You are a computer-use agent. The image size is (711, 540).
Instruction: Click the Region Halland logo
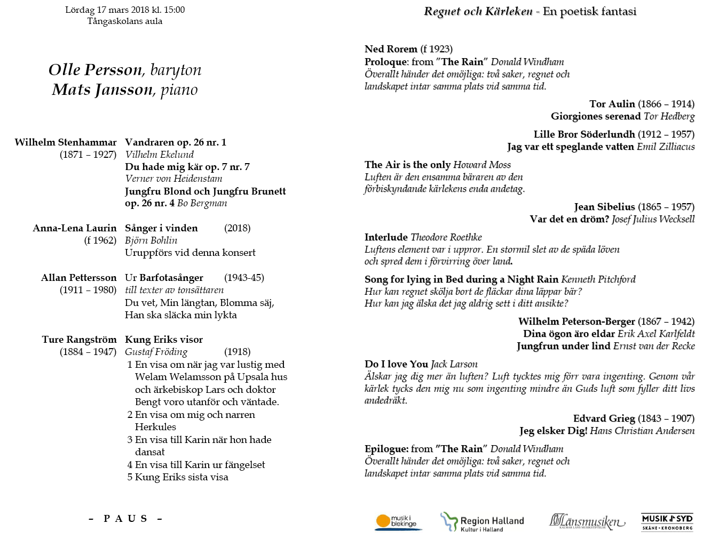pyautogui.click(x=482, y=522)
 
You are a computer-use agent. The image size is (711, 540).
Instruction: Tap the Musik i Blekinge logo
pyautogui.click(x=398, y=522)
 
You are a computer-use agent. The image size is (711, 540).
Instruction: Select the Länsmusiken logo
pyautogui.click(x=587, y=521)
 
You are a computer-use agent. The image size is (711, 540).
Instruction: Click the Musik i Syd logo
pyautogui.click(x=667, y=522)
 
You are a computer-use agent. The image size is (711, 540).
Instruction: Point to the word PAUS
pyautogui.click(x=125, y=519)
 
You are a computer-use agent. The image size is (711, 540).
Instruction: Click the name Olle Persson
pyautogui.click(x=96, y=70)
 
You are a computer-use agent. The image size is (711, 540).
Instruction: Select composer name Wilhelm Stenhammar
pyautogui.click(x=66, y=142)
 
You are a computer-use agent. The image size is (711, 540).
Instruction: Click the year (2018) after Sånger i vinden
pyautogui.click(x=238, y=228)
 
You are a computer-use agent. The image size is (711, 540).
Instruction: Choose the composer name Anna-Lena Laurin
pyautogui.click(x=75, y=228)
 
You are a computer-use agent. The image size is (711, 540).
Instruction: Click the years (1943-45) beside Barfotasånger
pyautogui.click(x=244, y=278)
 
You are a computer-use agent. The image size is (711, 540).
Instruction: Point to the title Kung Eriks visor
pyautogui.click(x=164, y=340)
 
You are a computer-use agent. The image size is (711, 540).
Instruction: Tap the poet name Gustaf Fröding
pyautogui.click(x=156, y=352)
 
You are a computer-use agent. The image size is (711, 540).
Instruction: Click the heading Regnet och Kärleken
pyautogui.click(x=478, y=11)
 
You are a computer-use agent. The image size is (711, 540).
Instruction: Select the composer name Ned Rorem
pyautogui.click(x=391, y=49)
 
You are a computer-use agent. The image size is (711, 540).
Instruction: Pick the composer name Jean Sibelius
pyautogui.click(x=604, y=207)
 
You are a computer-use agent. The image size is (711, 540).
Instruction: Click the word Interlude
pyautogui.click(x=386, y=237)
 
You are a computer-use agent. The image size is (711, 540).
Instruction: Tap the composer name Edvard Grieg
pyautogui.click(x=604, y=418)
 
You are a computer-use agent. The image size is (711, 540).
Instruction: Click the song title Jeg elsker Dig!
pyautogui.click(x=553, y=431)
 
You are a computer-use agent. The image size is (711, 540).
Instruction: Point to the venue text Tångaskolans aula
pyautogui.click(x=125, y=21)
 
